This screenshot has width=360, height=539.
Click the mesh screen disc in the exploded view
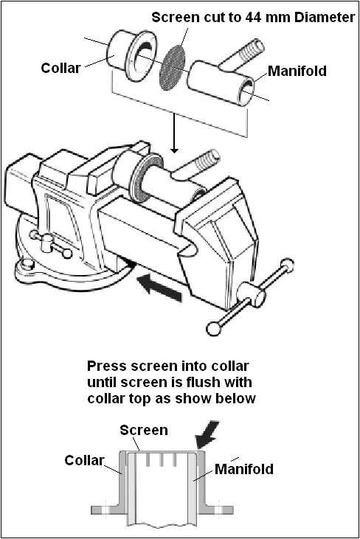coord(173,68)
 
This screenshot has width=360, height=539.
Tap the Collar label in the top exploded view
coord(60,68)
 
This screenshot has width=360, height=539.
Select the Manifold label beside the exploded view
coord(297,71)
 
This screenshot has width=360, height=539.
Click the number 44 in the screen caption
coord(252,17)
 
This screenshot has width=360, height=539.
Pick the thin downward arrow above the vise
coord(174,133)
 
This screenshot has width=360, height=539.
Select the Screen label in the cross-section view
coord(144,430)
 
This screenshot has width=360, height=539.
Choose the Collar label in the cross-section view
coord(84,460)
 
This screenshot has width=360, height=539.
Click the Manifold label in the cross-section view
coord(244,469)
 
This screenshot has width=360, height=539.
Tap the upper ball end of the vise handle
coord(287,265)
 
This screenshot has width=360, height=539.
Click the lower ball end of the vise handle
coord(213,328)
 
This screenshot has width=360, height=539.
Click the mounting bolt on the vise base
coord(25,265)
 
